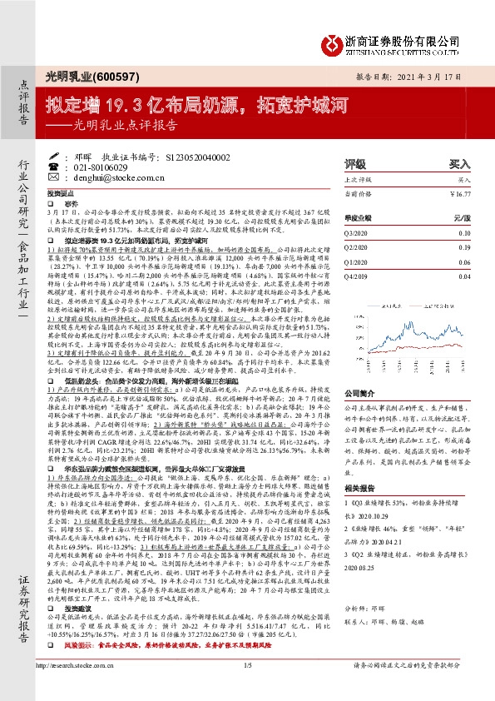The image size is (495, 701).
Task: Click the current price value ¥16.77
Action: coord(458,192)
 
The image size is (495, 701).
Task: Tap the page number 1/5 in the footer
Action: coord(247,689)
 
